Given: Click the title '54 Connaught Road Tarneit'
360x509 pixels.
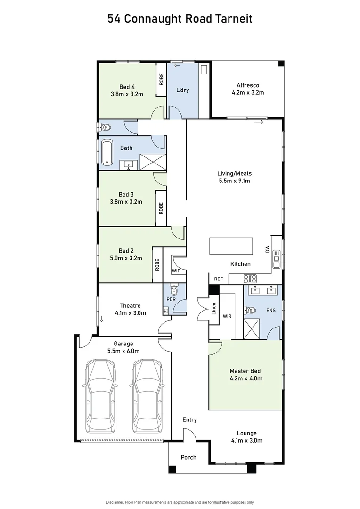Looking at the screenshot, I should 180,19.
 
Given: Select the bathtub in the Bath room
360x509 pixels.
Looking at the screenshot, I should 108,152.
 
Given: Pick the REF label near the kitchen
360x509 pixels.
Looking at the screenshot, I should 218,279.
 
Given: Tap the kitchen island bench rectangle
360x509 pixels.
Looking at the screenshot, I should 228,246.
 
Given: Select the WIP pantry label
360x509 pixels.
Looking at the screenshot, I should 176,271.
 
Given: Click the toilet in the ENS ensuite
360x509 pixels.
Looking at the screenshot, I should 250,310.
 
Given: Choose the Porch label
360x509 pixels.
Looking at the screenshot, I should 188,457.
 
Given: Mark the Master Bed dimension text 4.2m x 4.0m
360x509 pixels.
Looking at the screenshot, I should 246,378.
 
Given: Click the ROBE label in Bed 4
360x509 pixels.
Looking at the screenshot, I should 161,79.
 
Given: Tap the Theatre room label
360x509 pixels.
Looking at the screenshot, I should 130,305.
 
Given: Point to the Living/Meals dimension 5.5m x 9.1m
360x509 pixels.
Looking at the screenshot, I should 234,181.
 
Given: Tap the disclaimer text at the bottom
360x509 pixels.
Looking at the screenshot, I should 180,502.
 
